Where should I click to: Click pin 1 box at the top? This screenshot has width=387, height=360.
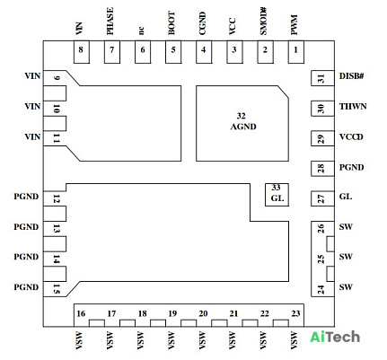296,52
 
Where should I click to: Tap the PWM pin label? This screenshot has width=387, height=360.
295,24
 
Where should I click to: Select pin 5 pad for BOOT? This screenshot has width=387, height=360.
173,52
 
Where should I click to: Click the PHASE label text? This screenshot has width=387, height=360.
110,21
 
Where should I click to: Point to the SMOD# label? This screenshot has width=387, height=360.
263,21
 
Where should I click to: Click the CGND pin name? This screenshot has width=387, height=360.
202,23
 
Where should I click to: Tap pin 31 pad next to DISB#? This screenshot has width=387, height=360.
322,78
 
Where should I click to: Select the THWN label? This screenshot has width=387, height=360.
353,107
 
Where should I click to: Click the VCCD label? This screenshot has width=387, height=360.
351,137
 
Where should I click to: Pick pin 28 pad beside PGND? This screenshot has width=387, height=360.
322,169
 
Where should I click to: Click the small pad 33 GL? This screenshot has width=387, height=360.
277,195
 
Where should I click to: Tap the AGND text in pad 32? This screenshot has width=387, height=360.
243,127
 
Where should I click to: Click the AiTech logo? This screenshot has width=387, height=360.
335,337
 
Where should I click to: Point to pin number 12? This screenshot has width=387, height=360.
57,198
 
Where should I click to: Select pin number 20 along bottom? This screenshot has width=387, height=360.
203,313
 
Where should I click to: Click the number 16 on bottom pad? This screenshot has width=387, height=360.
81,313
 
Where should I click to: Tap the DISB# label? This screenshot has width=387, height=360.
351,76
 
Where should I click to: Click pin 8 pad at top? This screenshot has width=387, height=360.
82,52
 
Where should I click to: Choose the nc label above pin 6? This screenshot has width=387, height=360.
141,31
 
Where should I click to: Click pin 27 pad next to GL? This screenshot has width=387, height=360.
322,198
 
